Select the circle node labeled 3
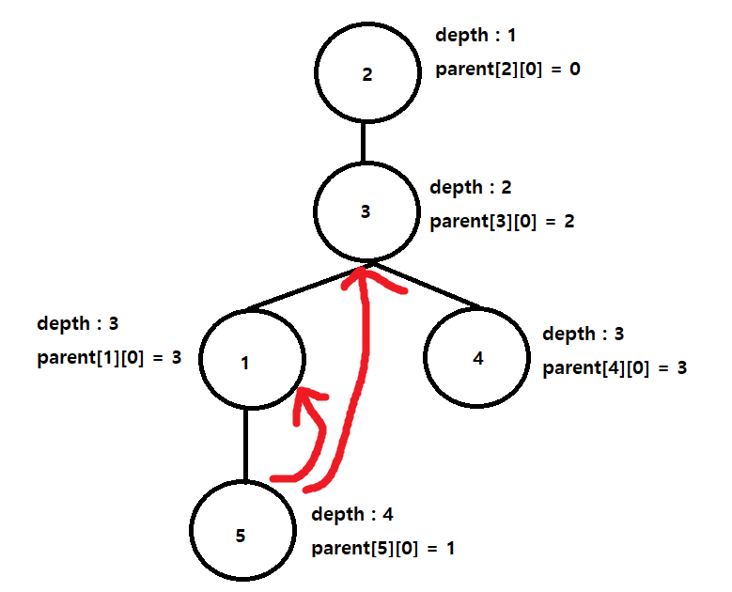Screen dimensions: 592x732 pos(366,212)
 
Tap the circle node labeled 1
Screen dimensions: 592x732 pos(246,363)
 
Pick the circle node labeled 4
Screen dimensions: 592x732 pos(477,360)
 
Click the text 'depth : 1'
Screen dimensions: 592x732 pos(475,36)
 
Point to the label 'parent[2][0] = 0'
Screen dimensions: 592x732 pos(507,69)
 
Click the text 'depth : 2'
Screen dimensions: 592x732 pos(471,188)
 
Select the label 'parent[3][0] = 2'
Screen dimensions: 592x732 pos(502,223)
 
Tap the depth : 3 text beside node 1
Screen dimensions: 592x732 pos(77,324)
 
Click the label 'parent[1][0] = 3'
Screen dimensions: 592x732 pos(109,358)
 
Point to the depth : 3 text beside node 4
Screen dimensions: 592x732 pos(584,334)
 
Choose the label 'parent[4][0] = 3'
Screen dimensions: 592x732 pos(615,367)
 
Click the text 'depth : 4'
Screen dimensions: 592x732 pos(351,514)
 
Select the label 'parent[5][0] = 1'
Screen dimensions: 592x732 pos(383,548)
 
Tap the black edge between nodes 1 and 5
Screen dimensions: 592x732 pos(245,444)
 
